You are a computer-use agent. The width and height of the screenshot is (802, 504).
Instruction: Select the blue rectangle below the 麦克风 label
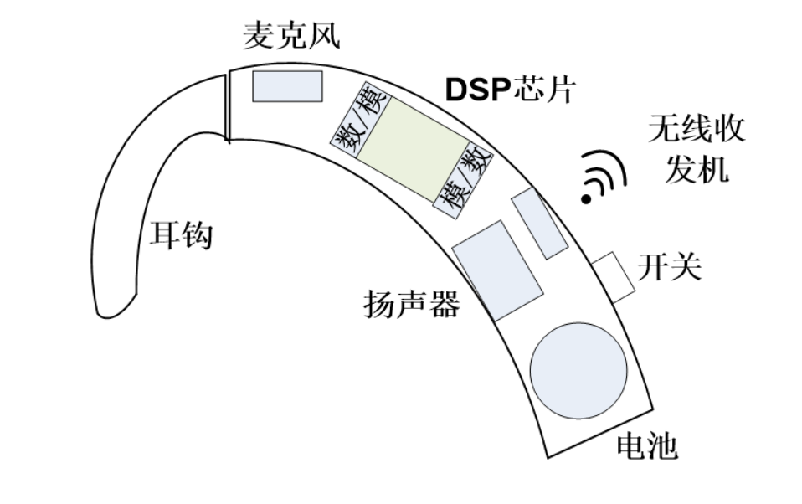coord(287,86)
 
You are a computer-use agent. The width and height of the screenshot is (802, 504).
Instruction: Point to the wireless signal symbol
coord(604,177)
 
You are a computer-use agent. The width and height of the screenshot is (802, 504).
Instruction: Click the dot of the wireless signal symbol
coord(588,198)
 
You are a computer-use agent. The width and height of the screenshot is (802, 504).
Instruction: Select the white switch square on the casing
coord(614,276)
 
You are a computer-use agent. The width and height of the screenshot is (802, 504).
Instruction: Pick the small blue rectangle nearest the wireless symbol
coord(539,223)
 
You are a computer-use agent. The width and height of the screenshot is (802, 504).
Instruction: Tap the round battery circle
coord(578,369)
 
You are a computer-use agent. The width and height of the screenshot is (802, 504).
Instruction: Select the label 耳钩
coord(181,235)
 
